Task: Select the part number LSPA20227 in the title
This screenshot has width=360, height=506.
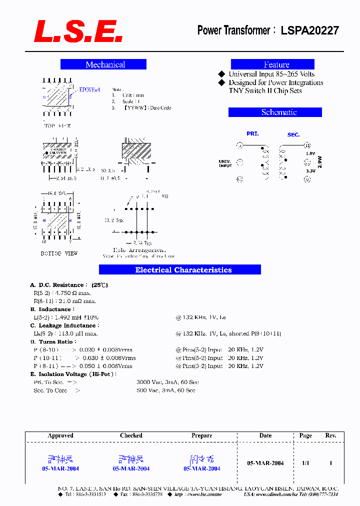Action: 309,30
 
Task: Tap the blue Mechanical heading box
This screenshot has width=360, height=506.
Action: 103,64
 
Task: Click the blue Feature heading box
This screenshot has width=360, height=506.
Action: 272,64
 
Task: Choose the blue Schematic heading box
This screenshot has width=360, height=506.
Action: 275,112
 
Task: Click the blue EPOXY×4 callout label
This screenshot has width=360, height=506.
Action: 90,90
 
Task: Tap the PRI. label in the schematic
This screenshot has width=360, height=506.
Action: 252,133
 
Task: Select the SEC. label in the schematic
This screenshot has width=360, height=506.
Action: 293,135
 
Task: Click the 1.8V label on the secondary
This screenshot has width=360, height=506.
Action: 310,153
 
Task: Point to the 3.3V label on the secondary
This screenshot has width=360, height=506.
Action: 310,171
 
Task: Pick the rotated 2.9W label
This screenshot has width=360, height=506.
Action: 320,161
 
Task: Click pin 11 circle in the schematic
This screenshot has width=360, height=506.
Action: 307,145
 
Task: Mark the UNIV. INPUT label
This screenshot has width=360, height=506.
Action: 225,163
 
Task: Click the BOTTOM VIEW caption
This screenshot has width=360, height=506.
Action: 59,253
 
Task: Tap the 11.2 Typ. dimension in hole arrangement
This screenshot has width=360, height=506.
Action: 113,220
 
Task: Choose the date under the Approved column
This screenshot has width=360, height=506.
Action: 60,469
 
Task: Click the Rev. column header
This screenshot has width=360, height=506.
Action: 330,435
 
